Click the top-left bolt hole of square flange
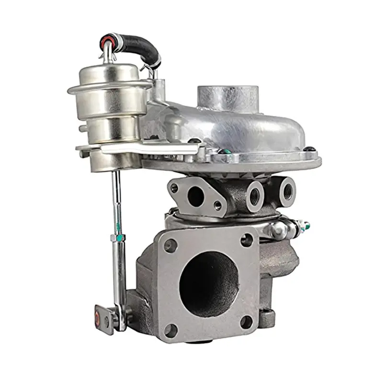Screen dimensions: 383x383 (x=170, y=246)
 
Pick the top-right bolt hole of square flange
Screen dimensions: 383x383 (x=247, y=240)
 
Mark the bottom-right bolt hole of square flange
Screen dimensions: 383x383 (x=248, y=322)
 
